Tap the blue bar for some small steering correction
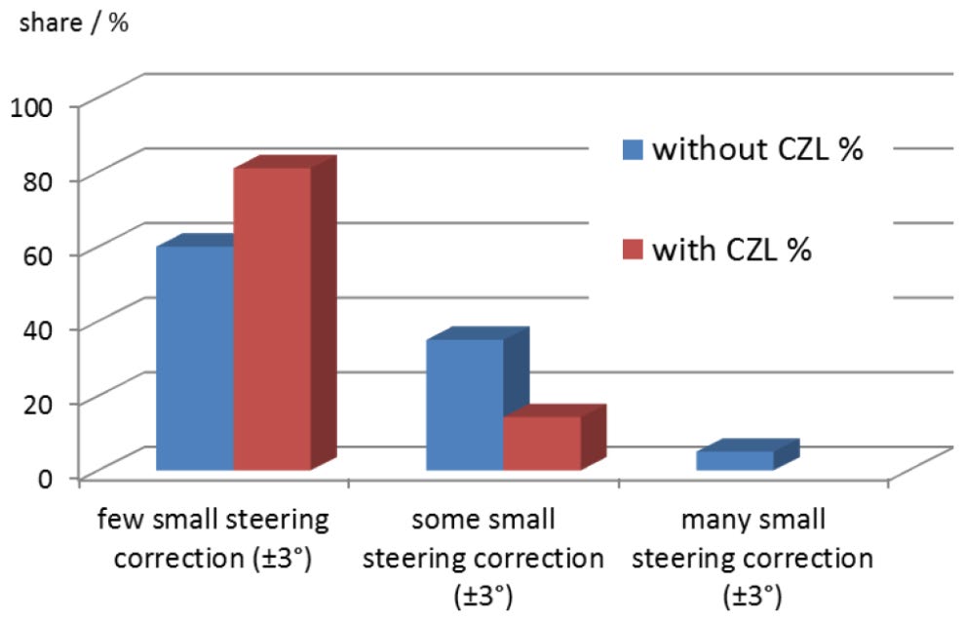click(464, 405)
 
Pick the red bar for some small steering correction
click(541, 444)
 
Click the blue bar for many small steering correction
click(734, 461)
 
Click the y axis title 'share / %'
click(68, 21)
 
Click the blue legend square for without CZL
click(633, 151)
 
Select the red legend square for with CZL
click(633, 251)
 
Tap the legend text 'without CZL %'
click(757, 150)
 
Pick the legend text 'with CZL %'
click(732, 250)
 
